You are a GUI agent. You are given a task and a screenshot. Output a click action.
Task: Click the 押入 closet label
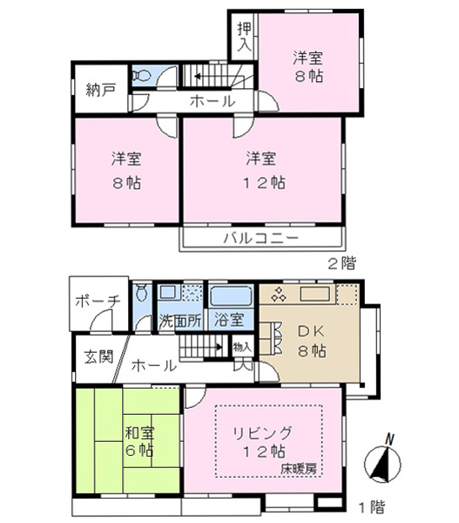click(245, 37)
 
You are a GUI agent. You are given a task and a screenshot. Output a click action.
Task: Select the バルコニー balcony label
click(260, 238)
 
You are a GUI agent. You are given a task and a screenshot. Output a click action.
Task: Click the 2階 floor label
click(342, 263)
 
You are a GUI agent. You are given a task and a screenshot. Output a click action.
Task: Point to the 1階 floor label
click(371, 507)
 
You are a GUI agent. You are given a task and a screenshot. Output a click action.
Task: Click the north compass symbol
click(382, 462)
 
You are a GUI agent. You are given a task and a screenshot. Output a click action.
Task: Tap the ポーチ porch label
click(98, 302)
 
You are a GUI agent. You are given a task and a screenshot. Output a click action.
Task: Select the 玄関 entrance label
click(98, 357)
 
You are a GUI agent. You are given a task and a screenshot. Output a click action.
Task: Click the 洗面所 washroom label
click(180, 321)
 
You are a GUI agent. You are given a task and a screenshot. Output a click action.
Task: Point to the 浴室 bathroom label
click(229, 320)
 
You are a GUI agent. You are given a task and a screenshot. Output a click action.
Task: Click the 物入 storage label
click(242, 347)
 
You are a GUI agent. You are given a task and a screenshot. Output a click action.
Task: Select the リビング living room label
click(262, 433)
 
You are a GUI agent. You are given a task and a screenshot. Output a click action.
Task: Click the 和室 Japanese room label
click(139, 433)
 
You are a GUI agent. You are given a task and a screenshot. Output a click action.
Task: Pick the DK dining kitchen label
click(311, 331)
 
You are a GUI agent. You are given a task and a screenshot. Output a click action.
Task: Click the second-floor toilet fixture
click(142, 75)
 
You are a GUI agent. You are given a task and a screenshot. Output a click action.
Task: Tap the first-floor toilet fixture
click(142, 292)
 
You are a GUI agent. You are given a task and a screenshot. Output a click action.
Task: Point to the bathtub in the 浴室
click(232, 295)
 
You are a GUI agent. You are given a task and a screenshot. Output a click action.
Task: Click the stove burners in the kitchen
click(279, 295)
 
